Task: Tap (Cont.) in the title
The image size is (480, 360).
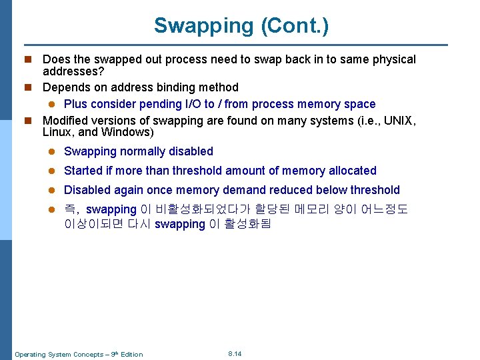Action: tap(295, 26)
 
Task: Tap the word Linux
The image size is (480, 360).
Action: tap(58, 132)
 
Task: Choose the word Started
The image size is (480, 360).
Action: tap(84, 171)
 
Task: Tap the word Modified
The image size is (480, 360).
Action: tap(66, 121)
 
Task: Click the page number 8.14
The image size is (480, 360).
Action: tap(235, 353)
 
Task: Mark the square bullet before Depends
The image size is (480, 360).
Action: tap(28, 87)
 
